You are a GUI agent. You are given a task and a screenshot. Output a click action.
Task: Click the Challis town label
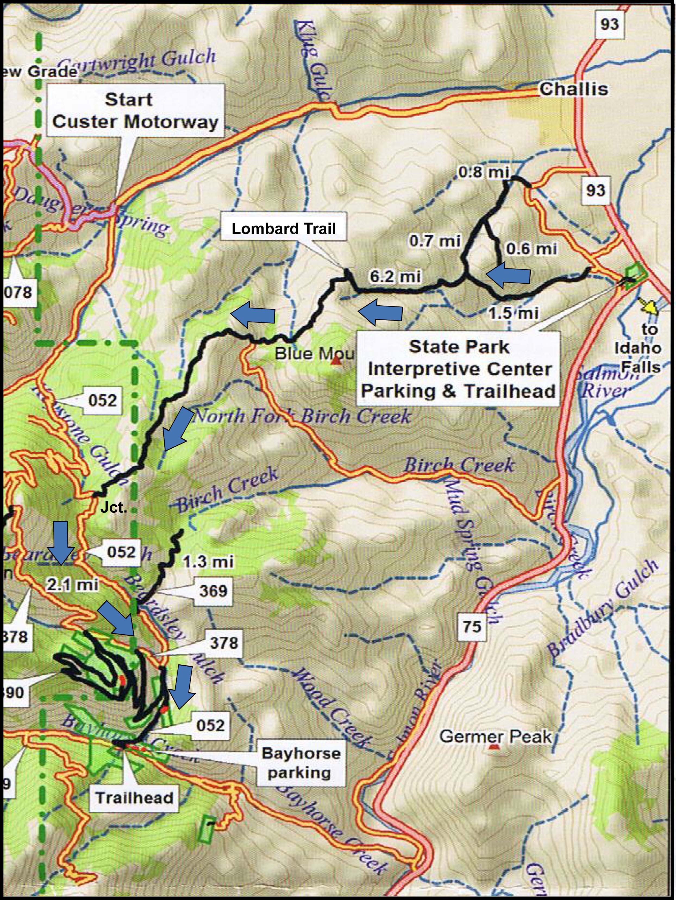point(574,89)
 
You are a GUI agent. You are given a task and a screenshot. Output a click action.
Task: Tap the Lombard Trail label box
point(284,229)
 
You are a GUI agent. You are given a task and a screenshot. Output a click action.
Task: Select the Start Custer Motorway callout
point(136,111)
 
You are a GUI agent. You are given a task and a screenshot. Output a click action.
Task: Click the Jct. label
point(113,508)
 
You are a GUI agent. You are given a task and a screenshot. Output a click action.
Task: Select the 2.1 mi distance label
point(73,585)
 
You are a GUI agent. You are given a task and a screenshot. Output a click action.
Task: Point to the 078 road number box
point(18,292)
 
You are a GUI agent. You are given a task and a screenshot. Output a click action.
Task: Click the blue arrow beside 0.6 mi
point(507,275)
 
